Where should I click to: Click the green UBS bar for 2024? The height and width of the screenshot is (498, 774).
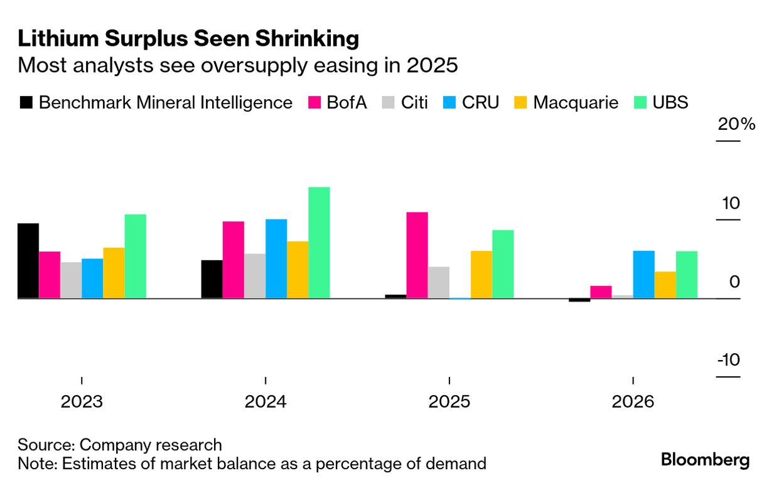[319, 243]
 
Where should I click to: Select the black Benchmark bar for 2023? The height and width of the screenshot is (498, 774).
[28, 261]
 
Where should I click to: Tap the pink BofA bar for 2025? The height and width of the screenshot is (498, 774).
[417, 255]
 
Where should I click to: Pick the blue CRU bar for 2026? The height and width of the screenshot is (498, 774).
[643, 275]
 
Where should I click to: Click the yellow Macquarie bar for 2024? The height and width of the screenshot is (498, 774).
[298, 270]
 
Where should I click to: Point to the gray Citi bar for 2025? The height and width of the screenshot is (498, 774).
[438, 282]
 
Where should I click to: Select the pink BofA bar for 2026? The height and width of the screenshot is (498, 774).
[601, 292]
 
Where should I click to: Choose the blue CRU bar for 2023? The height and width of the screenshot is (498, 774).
[92, 278]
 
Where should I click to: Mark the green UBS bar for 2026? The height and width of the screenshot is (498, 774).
[686, 275]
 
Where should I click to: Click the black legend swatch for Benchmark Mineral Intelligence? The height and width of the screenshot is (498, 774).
[26, 102]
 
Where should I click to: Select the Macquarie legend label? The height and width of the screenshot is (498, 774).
[576, 102]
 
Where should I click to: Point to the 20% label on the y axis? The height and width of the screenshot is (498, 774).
[736, 124]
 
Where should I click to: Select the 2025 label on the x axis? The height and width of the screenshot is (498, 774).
[449, 401]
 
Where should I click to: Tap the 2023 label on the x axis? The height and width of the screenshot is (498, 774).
[82, 401]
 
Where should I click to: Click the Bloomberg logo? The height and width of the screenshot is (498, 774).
[705, 460]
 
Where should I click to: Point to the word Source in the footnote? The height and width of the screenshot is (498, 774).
[46, 445]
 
